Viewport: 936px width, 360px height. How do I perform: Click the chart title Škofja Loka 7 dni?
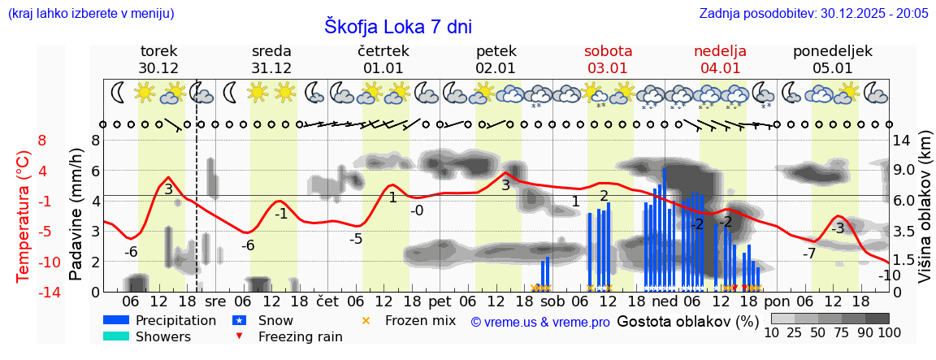coord(398,26)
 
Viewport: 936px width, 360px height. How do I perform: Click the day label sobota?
coord(608,51)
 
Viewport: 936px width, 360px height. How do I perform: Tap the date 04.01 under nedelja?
coord(720,68)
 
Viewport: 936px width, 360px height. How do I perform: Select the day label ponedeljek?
coord(833,51)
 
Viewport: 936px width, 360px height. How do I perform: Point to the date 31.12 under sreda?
coord(271,68)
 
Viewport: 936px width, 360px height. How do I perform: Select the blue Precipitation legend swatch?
coord(116,320)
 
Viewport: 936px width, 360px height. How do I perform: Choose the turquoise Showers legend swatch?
coord(116,336)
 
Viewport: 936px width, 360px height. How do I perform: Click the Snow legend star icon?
coord(240,320)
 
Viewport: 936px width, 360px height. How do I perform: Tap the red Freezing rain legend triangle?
coord(240,336)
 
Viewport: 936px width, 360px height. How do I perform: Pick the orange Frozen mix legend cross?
coord(366,320)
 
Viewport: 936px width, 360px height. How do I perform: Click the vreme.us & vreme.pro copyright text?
coord(540,322)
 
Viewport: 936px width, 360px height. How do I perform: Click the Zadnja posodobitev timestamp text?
coord(813,13)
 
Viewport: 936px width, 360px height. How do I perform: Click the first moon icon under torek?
coord(119,93)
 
